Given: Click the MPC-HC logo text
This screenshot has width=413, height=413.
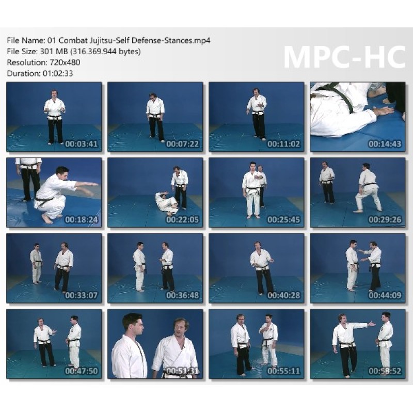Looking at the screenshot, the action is coord(344,58).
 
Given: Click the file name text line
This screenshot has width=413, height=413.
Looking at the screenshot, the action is coord(108,40).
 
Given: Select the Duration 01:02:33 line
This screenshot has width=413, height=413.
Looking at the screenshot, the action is coord(40,73).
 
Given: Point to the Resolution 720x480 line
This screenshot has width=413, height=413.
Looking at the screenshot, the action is coord(43,62).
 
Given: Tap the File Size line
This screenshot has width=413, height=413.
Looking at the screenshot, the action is coord(74,51).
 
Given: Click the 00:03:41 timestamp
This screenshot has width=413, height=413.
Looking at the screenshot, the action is coord(82,144).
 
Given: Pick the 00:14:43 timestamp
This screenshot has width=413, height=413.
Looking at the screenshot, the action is coord(385,144).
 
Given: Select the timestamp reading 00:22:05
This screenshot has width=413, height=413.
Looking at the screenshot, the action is coord(183,219).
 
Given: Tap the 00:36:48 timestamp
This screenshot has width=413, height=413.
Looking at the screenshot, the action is coord(183,295).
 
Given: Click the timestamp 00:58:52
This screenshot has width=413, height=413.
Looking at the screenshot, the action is coord(385,371).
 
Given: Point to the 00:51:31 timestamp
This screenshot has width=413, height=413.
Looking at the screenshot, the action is coord(183,371).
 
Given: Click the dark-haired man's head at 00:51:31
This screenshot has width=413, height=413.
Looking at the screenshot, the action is coord(133,324).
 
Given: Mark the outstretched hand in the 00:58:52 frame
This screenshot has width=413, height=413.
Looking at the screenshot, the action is coord(371,324).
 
